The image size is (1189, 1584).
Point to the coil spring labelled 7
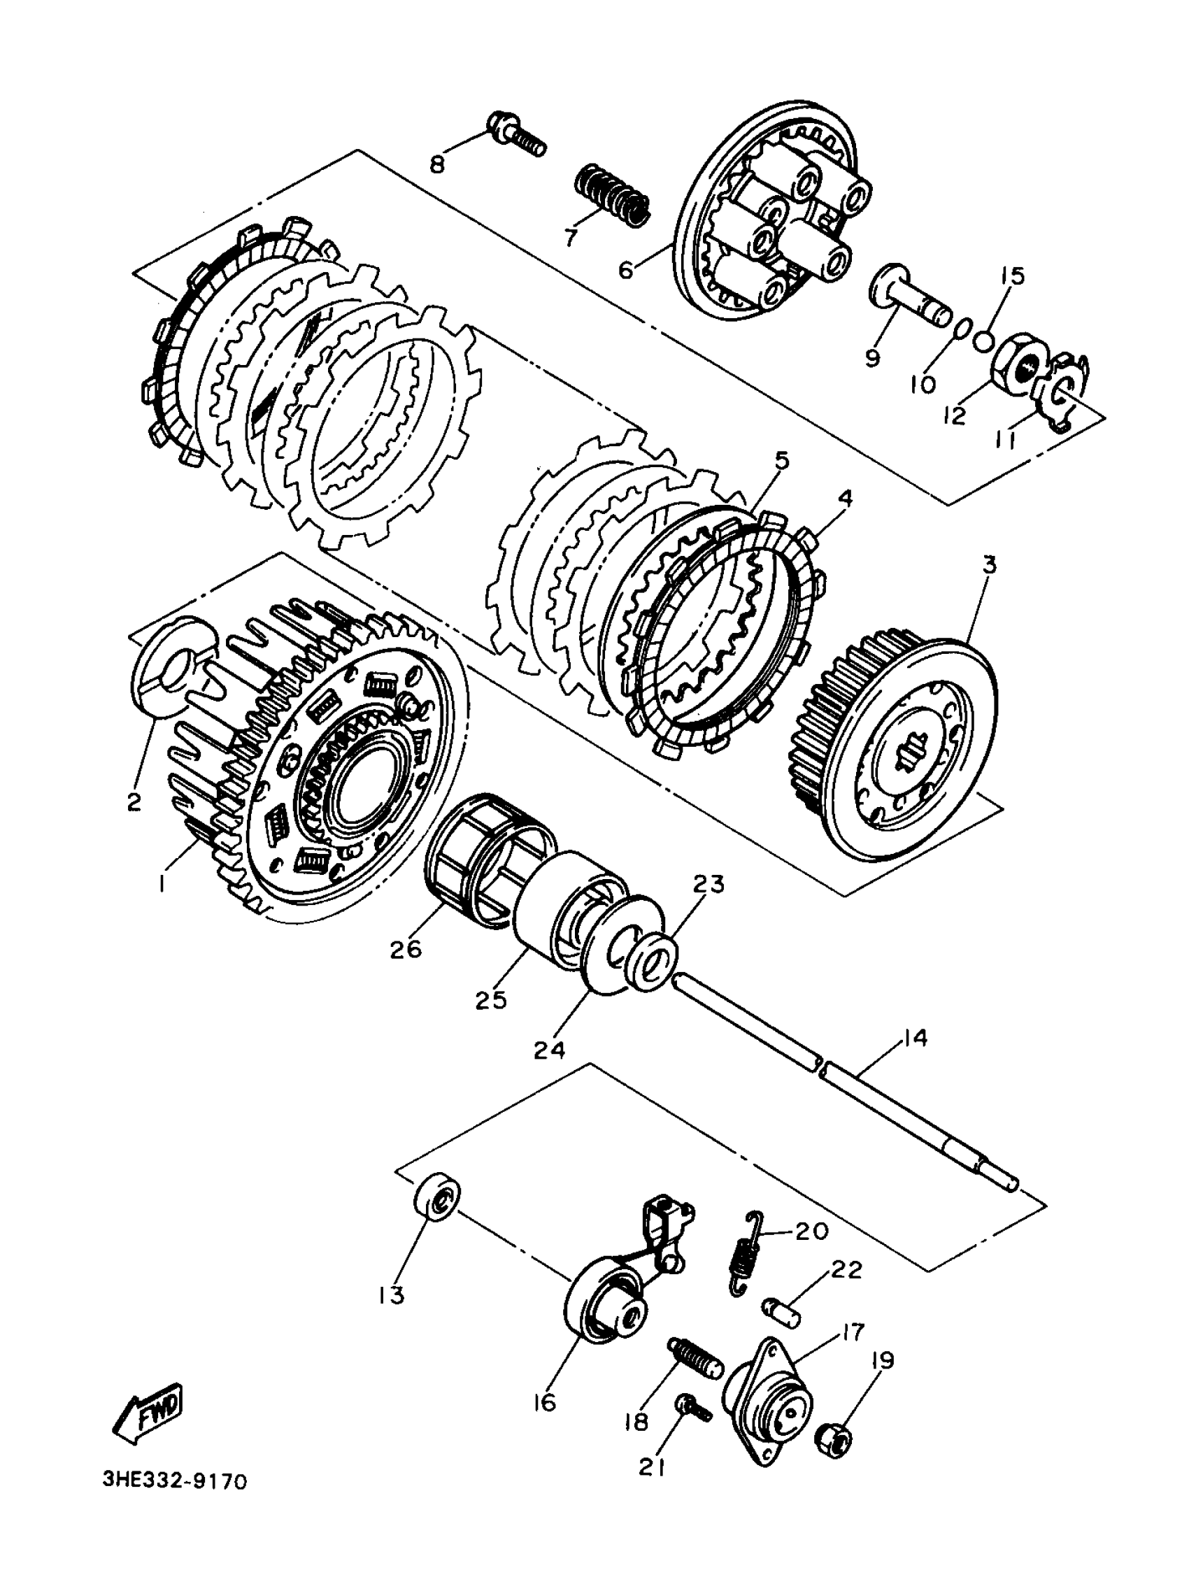[x=613, y=197]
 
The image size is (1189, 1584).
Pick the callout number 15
[x=1013, y=275]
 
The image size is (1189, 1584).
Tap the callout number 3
[x=989, y=565]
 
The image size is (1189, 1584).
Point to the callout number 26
[x=406, y=949]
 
